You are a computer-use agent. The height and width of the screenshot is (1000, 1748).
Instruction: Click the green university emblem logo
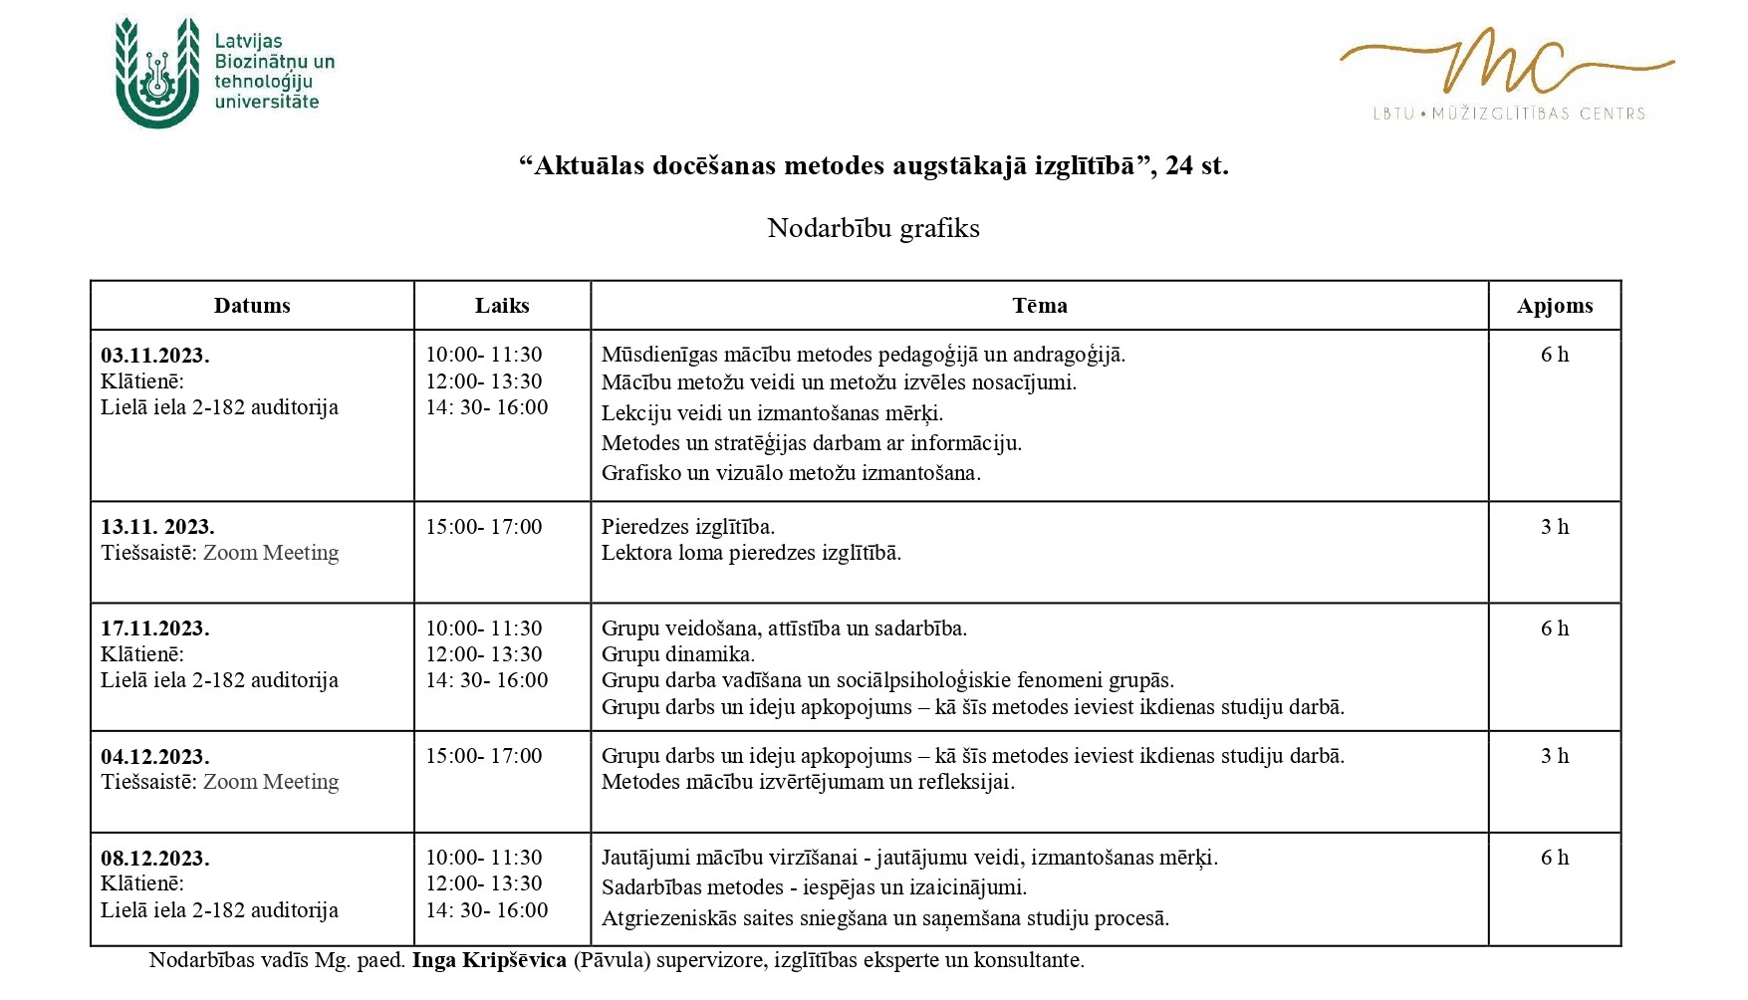click(x=156, y=73)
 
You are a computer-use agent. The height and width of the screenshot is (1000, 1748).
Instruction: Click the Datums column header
click(x=252, y=306)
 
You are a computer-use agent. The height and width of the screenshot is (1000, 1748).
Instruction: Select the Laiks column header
click(x=502, y=306)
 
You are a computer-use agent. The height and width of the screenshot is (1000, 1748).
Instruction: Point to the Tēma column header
click(x=1039, y=306)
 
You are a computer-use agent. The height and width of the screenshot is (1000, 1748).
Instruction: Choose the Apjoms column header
click(x=1554, y=306)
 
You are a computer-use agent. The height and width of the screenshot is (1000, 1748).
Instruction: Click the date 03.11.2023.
click(x=155, y=356)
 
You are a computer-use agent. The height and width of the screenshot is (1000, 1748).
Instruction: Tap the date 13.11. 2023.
click(x=157, y=527)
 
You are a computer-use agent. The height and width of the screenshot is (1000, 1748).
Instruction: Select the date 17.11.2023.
click(x=155, y=628)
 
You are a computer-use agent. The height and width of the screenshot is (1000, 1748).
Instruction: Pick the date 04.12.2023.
click(x=155, y=757)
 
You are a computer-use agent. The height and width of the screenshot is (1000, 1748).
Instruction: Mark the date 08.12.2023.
click(x=155, y=859)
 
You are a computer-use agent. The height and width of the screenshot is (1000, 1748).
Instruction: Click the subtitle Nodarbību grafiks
click(x=874, y=228)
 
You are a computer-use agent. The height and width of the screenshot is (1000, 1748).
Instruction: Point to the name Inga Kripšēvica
click(x=489, y=960)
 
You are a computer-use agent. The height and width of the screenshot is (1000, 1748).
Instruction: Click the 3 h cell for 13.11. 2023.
click(x=1554, y=527)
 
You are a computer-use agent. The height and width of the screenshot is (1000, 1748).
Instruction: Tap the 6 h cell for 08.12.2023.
click(x=1554, y=858)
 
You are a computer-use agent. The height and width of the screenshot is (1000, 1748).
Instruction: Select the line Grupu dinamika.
click(x=677, y=654)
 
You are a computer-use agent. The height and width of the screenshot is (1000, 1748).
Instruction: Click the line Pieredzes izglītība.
click(x=687, y=527)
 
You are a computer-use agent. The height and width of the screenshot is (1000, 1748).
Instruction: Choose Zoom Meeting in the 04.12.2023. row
click(x=271, y=782)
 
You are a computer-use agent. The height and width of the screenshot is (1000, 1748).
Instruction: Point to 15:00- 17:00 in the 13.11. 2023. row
click(x=484, y=527)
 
